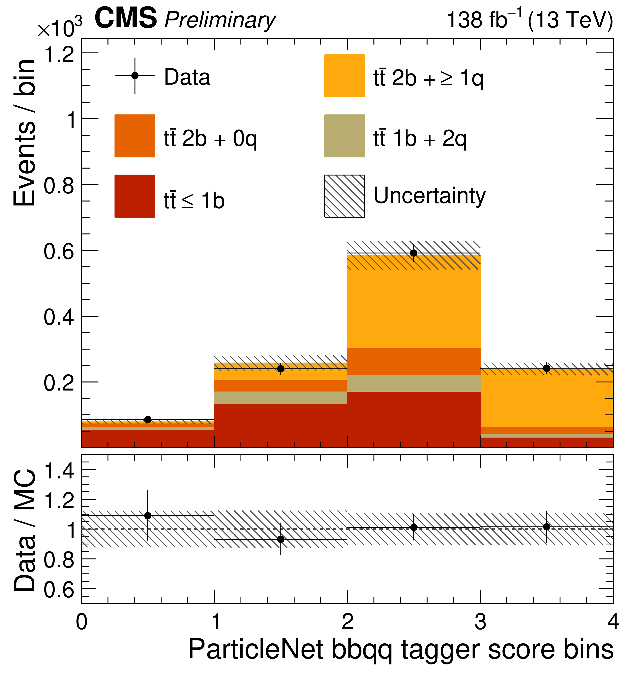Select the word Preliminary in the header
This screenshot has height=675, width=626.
(x=220, y=20)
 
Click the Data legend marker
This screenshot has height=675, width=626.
(x=135, y=75)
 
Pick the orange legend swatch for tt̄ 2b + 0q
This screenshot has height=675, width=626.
(x=135, y=136)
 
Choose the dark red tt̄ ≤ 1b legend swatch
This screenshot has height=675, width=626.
(x=135, y=196)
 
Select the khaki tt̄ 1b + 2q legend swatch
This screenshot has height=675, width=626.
(x=344, y=136)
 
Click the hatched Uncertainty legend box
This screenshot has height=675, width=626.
(x=344, y=196)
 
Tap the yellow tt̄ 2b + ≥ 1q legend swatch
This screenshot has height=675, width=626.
(x=344, y=75)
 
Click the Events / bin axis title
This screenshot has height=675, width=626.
(x=24, y=133)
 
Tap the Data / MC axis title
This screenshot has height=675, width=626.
(x=24, y=530)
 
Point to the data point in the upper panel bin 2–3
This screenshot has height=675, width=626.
(x=414, y=253)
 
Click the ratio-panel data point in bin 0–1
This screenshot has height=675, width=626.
(x=148, y=516)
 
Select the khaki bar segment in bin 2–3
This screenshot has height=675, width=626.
(x=414, y=383)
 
